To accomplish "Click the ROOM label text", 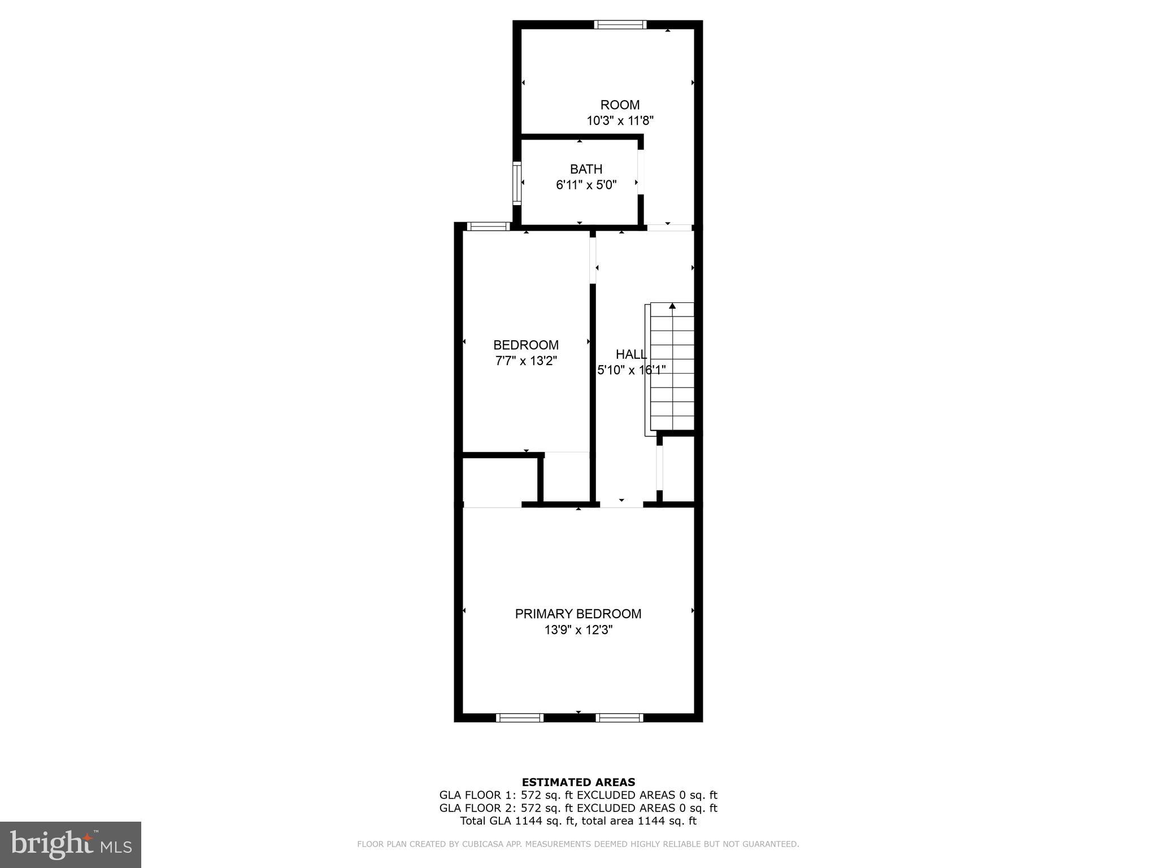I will pyautogui.click(x=620, y=105).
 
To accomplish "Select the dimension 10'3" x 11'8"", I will pyautogui.click(x=620, y=120).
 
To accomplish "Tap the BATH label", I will pyautogui.click(x=586, y=169).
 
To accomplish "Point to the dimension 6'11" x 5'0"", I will pyautogui.click(x=586, y=185).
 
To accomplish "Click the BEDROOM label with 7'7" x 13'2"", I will pyautogui.click(x=526, y=345).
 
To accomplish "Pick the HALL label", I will pyautogui.click(x=631, y=354).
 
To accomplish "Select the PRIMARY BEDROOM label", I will pyautogui.click(x=578, y=614).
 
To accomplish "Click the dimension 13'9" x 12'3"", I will pyautogui.click(x=578, y=630).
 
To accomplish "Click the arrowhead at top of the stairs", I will pyautogui.click(x=672, y=306).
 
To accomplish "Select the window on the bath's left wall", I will pyautogui.click(x=516, y=183).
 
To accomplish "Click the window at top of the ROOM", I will pyautogui.click(x=620, y=24).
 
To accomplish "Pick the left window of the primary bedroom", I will pyautogui.click(x=519, y=718).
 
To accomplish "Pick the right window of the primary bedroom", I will pyautogui.click(x=619, y=718).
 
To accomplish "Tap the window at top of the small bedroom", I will pyautogui.click(x=489, y=227).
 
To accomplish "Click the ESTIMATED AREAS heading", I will pyautogui.click(x=578, y=783).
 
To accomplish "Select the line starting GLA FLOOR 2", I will pyautogui.click(x=578, y=808).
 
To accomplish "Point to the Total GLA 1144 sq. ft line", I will pyautogui.click(x=578, y=821).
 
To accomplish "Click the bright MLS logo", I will pyautogui.click(x=71, y=844).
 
